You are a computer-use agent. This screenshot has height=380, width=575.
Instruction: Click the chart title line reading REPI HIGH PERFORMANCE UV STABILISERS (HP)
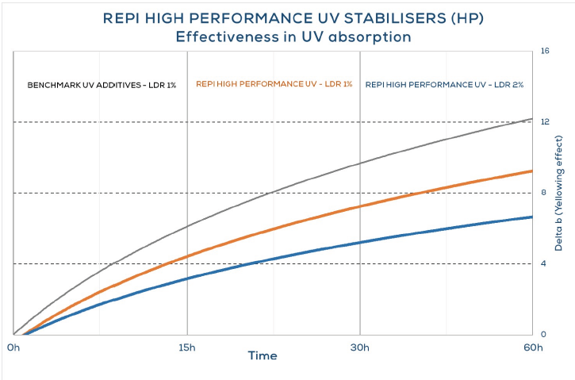click(x=287, y=17)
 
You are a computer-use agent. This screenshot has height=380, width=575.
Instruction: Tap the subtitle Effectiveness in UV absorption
click(x=287, y=36)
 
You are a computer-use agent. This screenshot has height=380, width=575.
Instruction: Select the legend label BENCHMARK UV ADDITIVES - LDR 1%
click(x=102, y=84)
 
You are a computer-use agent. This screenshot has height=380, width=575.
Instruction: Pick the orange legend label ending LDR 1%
click(x=274, y=84)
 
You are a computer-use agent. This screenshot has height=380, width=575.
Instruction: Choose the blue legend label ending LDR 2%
click(x=444, y=84)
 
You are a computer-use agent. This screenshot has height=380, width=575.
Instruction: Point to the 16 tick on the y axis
click(x=545, y=52)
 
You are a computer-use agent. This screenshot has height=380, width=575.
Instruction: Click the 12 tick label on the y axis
click(x=545, y=121)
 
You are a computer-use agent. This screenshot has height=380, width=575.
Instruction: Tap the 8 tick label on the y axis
click(x=543, y=192)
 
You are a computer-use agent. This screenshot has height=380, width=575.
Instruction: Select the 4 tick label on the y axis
click(x=543, y=263)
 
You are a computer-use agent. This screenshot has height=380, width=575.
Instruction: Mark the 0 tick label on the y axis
click(x=543, y=334)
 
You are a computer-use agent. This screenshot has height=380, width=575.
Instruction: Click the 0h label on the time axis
click(x=13, y=347)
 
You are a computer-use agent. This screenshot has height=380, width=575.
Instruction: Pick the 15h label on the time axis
click(x=187, y=347)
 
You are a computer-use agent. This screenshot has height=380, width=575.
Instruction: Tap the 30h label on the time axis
click(x=360, y=347)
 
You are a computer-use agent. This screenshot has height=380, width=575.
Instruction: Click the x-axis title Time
click(x=262, y=356)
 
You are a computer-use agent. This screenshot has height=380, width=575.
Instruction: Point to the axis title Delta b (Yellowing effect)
click(x=561, y=194)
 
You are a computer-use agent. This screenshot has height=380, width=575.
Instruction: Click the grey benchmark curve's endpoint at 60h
click(x=531, y=119)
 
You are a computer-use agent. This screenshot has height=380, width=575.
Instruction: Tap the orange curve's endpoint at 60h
click(x=531, y=171)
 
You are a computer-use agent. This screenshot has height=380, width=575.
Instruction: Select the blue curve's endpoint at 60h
click(x=531, y=217)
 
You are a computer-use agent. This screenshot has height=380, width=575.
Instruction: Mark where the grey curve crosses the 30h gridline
click(x=360, y=163)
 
